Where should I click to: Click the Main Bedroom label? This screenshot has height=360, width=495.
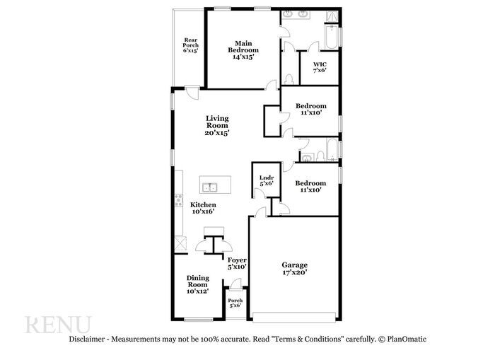(x=243, y=50)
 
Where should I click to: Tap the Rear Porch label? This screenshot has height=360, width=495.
(x=190, y=45)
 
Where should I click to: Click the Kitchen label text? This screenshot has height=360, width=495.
(x=203, y=204)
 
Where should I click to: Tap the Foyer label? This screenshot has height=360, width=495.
(x=236, y=260)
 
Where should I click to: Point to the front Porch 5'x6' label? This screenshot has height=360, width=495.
(x=235, y=303)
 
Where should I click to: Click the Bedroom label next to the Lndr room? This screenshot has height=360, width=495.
(x=310, y=185)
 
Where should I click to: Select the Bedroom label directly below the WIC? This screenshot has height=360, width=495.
(x=310, y=108)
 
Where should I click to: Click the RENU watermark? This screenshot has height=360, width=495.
(x=58, y=325)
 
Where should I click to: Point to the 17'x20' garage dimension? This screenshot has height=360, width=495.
(x=295, y=273)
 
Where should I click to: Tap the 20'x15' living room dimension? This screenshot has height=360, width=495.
(x=217, y=132)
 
